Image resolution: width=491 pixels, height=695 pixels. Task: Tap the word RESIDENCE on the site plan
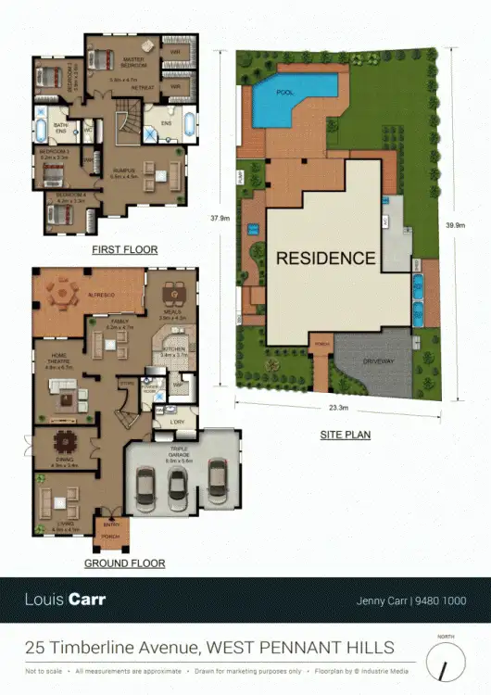coord(326,259)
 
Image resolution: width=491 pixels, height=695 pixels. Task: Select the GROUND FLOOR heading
coord(124,563)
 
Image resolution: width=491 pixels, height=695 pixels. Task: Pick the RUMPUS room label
coord(123,171)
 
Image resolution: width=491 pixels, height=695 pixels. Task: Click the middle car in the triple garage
coord(179,483)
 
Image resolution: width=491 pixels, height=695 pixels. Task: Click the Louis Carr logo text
coord(66,600)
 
